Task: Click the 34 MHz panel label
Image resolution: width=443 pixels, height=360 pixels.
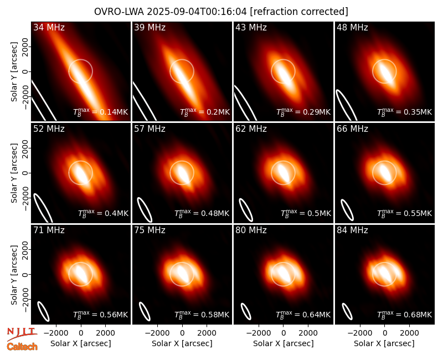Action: (49, 27)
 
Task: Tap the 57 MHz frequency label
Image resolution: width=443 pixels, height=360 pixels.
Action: (150, 129)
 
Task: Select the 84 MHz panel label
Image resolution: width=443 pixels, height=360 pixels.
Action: (352, 230)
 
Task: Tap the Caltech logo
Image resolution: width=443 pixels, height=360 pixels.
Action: (22, 347)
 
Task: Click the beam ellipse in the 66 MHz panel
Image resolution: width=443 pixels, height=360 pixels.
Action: (347, 210)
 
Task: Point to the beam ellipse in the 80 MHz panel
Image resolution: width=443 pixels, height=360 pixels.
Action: (246, 311)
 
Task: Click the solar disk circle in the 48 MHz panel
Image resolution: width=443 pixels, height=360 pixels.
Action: (384, 60)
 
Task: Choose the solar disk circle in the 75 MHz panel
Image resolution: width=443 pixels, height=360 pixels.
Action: (182, 263)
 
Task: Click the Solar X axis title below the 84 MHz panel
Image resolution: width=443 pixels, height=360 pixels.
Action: (384, 343)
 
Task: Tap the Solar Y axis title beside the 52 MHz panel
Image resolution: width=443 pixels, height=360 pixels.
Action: (14, 173)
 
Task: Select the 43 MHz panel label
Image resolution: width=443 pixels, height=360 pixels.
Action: (251, 27)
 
